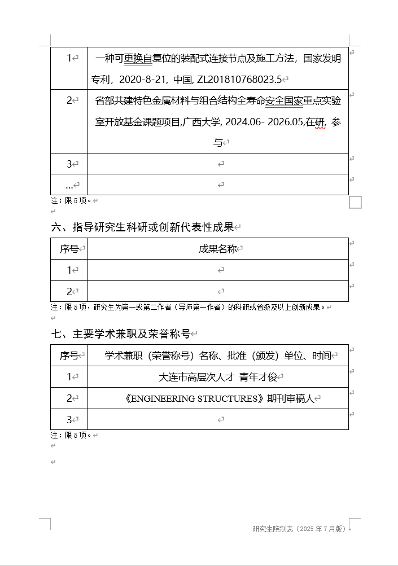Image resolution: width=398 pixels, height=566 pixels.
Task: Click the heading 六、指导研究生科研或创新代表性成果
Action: tap(142, 227)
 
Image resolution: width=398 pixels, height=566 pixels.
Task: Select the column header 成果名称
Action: tap(217, 249)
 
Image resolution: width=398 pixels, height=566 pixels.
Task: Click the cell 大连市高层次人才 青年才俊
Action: tap(217, 377)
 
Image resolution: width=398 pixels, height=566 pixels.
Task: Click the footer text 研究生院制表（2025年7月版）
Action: tap(299, 529)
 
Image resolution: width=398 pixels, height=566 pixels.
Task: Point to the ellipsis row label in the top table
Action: tap(69, 185)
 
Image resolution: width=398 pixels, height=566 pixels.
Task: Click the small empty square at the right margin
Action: tap(355, 202)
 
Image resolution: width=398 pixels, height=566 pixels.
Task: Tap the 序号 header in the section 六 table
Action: tap(69, 249)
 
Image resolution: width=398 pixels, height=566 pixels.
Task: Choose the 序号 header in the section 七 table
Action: tap(69, 356)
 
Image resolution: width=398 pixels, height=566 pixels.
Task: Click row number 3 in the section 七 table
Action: tap(69, 420)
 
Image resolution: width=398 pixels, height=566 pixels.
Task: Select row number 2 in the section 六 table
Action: tap(69, 292)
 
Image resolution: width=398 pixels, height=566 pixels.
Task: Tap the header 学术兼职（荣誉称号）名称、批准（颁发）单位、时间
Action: tap(217, 356)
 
